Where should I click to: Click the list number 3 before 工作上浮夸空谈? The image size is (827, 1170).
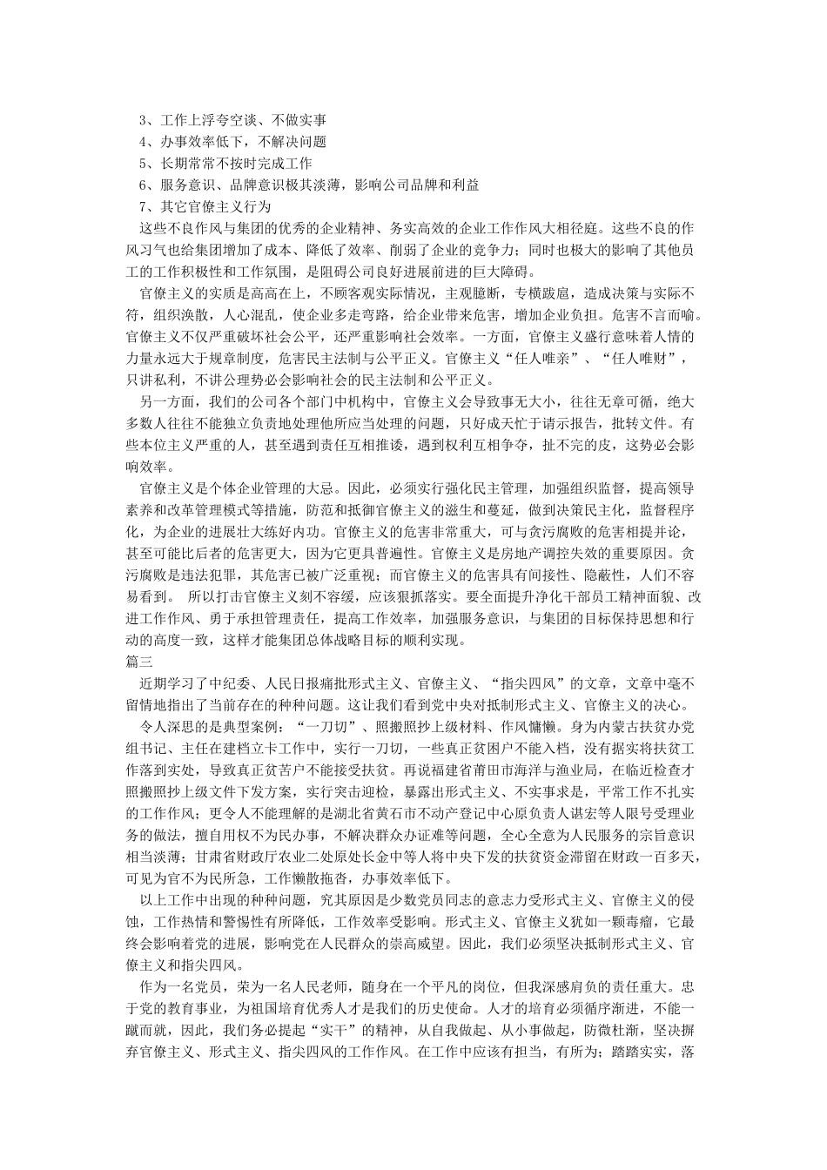tap(145, 119)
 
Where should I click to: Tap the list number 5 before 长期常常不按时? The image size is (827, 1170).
tap(145, 163)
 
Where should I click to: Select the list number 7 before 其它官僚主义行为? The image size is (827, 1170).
tap(145, 206)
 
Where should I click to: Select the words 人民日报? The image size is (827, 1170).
tap(325, 684)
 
